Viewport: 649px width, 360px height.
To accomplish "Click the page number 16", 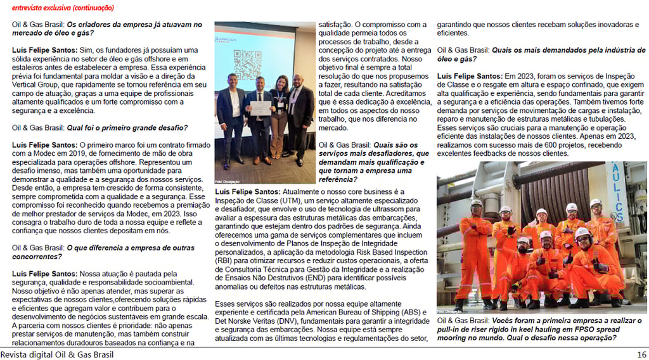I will pos(641,354).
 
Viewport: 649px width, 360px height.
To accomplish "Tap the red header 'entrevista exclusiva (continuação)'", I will pos(63,8).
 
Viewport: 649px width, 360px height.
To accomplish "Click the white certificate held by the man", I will pos(258,108).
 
